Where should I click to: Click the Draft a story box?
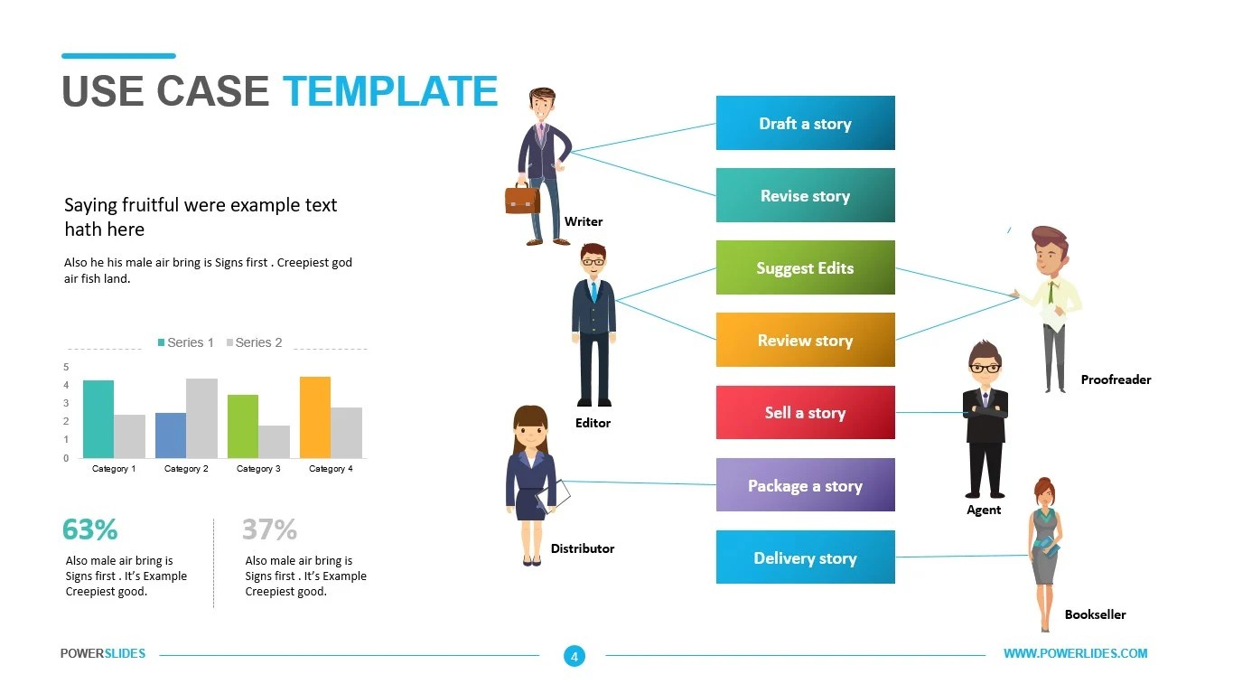tap(805, 123)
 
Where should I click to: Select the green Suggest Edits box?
tap(805, 267)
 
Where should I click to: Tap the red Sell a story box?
tap(805, 412)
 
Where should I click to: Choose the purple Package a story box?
tap(805, 485)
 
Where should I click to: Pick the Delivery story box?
tap(805, 557)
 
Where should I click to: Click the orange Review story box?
tap(805, 340)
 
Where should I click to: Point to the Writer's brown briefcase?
tap(522, 199)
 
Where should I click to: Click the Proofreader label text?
tap(1116, 379)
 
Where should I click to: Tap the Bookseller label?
tap(1095, 614)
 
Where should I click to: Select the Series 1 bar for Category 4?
tap(315, 417)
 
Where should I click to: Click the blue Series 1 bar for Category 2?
tap(171, 435)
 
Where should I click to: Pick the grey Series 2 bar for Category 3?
tap(274, 442)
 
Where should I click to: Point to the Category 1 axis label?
tap(114, 469)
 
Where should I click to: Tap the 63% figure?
tap(89, 529)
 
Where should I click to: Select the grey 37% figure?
tap(269, 529)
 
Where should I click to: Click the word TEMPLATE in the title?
tap(390, 91)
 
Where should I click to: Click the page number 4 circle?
tap(574, 656)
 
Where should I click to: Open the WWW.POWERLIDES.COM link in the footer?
tap(1075, 653)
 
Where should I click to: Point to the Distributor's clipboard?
tap(554, 495)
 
